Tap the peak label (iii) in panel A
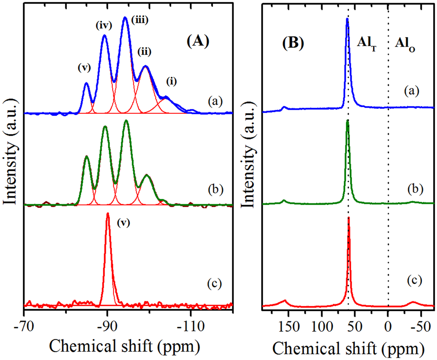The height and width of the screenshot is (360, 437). pyautogui.click(x=140, y=20)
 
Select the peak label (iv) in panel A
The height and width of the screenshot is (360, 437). pyautogui.click(x=104, y=26)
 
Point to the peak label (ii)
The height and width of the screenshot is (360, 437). pyautogui.click(x=144, y=52)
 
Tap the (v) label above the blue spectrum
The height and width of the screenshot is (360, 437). pyautogui.click(x=84, y=68)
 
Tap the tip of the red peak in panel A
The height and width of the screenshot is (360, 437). pyautogui.click(x=108, y=213)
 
